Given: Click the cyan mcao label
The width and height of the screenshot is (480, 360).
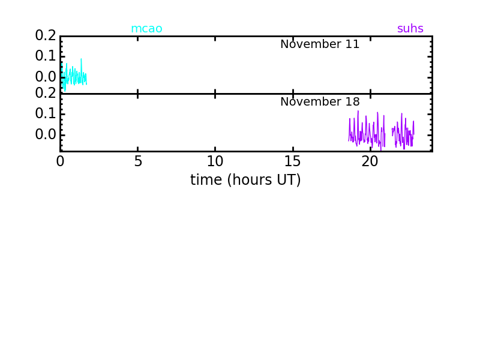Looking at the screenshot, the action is coord(146,28).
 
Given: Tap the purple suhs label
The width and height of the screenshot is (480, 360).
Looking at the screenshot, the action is coord(410,28).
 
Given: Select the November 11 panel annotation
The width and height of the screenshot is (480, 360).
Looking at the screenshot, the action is coord(320,44).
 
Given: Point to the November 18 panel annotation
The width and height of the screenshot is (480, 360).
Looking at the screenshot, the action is coord(320,101).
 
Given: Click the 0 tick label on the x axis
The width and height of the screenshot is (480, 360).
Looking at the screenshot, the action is coord(61,161).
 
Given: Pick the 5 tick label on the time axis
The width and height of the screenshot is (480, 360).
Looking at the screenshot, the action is coord(138,161).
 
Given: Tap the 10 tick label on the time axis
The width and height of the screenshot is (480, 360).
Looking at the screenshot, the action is coord(215,161).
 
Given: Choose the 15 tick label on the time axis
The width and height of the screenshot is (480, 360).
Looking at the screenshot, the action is coord(293,161).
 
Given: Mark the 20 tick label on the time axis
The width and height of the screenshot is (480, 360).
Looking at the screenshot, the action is coord(370,161).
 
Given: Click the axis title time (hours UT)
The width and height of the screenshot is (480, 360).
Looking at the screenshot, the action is coord(245,179).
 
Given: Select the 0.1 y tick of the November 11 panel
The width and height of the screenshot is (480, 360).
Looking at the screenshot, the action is coord(46,56).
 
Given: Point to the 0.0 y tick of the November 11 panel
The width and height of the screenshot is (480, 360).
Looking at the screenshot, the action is coord(46,77).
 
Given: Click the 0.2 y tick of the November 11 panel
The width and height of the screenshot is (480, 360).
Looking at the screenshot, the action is coord(46,35).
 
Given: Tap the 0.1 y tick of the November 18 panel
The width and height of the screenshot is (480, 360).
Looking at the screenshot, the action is coord(46,113).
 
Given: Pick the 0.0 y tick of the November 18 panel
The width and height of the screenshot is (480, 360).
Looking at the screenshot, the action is coord(46,134).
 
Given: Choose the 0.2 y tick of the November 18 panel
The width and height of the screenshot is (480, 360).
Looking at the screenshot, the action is coord(46,93).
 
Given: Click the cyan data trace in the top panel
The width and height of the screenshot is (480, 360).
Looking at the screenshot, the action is coord(74,77).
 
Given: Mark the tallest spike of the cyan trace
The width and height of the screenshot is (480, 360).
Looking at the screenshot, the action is coord(81,59).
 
